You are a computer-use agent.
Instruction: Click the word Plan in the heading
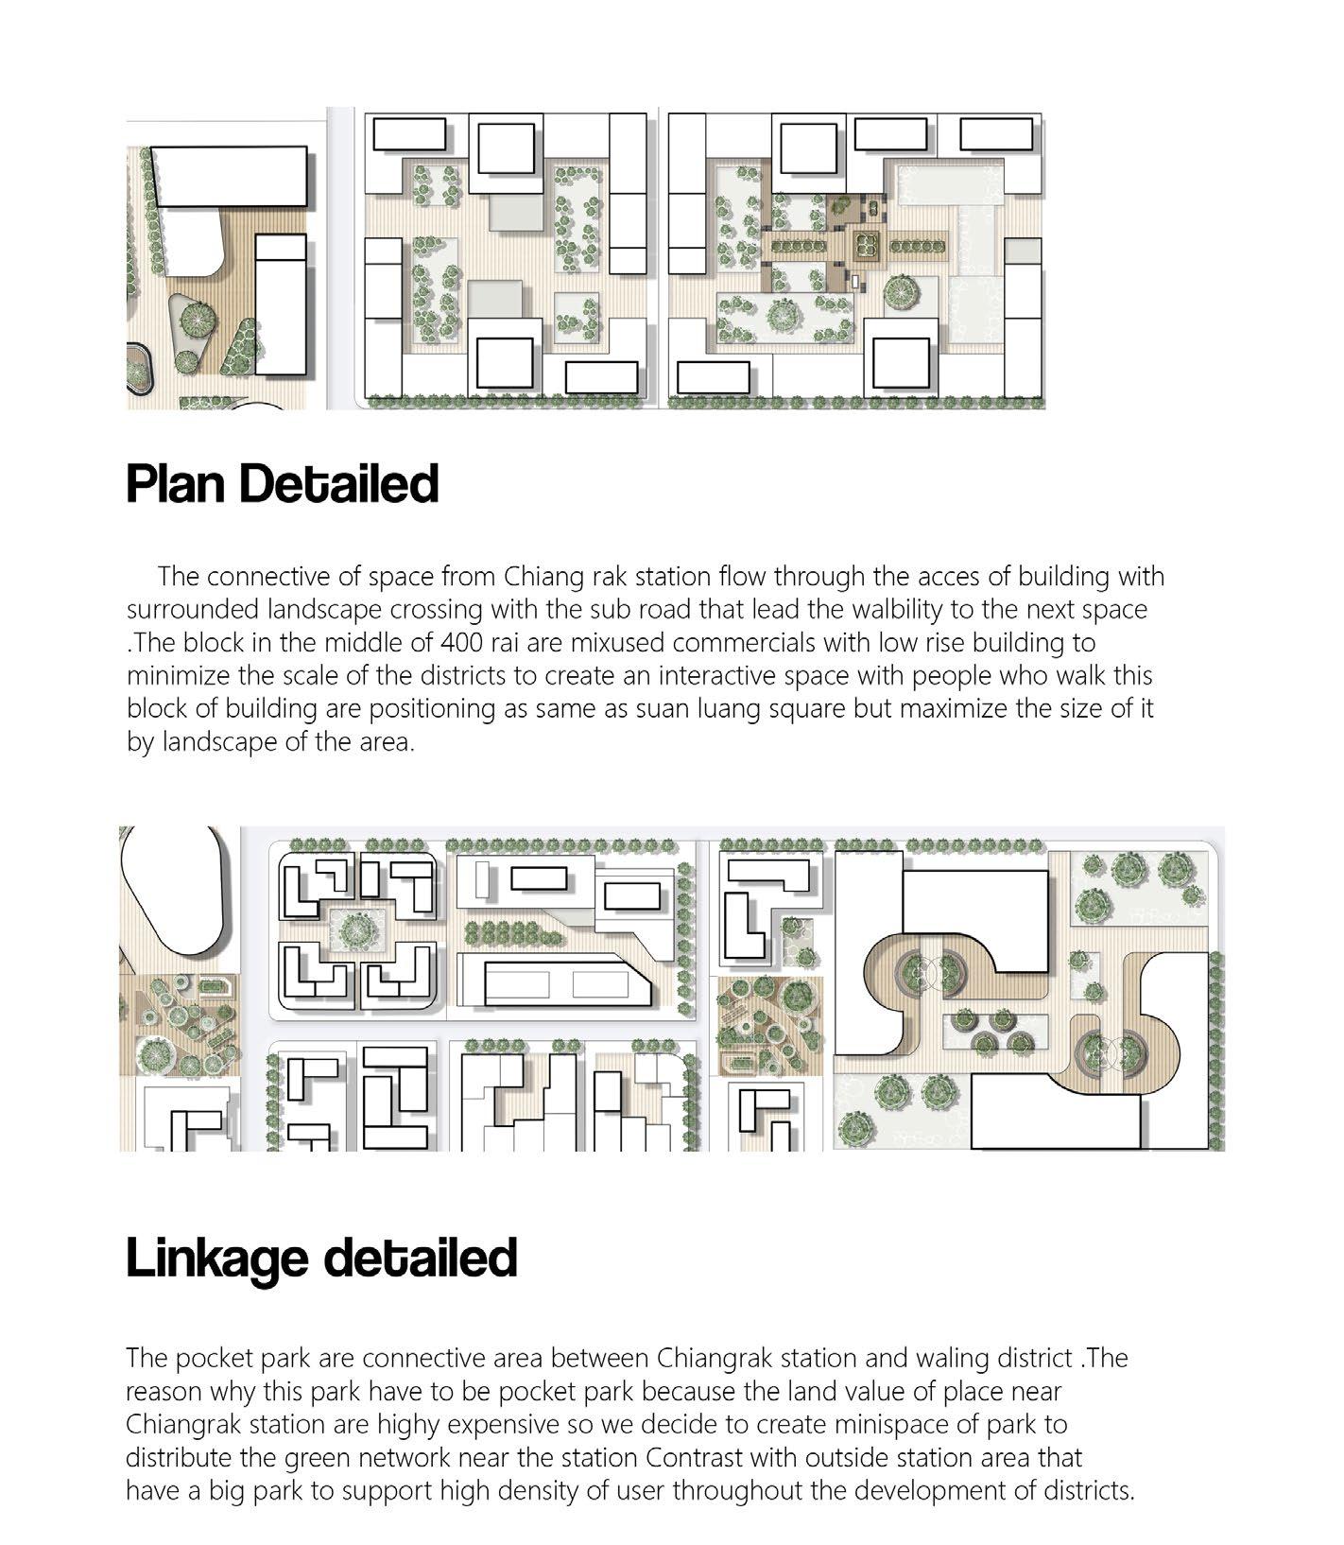tap(177, 483)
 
